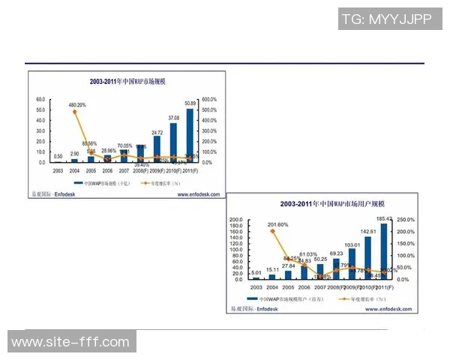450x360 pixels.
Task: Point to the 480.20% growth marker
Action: pyautogui.click(x=74, y=112)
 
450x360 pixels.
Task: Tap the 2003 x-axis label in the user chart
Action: pyautogui.click(x=257, y=287)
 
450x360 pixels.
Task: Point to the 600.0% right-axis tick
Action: pyautogui.click(x=209, y=99)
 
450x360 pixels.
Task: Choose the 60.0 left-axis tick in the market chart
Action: pyautogui.click(x=40, y=99)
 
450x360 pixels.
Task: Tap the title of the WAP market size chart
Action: pyautogui.click(x=126, y=82)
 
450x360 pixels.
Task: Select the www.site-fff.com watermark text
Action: pyautogui.click(x=70, y=342)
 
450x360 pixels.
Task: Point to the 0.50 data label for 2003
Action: pyautogui.click(x=58, y=157)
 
